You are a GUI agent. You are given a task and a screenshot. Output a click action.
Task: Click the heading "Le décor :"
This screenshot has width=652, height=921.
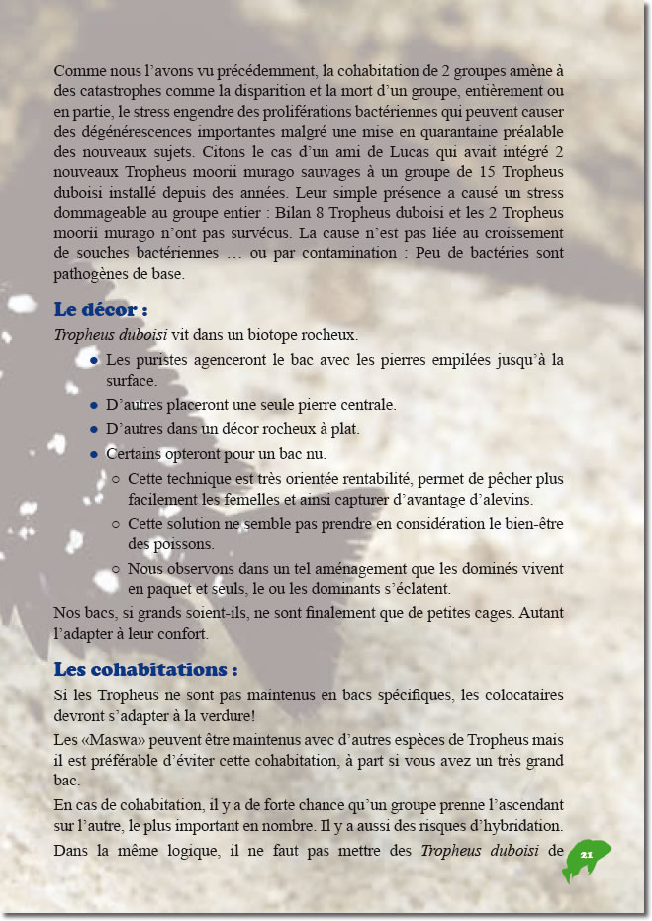(x=101, y=308)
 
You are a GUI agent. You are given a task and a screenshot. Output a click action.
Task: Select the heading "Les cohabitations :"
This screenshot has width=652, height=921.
(x=145, y=669)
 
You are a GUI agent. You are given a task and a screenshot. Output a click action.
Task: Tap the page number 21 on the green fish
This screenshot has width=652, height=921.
(x=586, y=854)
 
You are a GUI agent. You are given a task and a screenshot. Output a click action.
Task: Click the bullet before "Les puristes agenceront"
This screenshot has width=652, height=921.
(x=93, y=360)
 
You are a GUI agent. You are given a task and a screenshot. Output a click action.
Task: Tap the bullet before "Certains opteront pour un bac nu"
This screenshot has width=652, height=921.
(x=93, y=455)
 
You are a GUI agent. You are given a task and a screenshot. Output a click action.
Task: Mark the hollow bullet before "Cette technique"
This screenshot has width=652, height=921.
(x=117, y=479)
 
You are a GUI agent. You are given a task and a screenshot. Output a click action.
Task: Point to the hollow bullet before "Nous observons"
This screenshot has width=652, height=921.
(x=117, y=569)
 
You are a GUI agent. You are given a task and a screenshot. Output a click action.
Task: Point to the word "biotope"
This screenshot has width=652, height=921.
(x=266, y=334)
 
